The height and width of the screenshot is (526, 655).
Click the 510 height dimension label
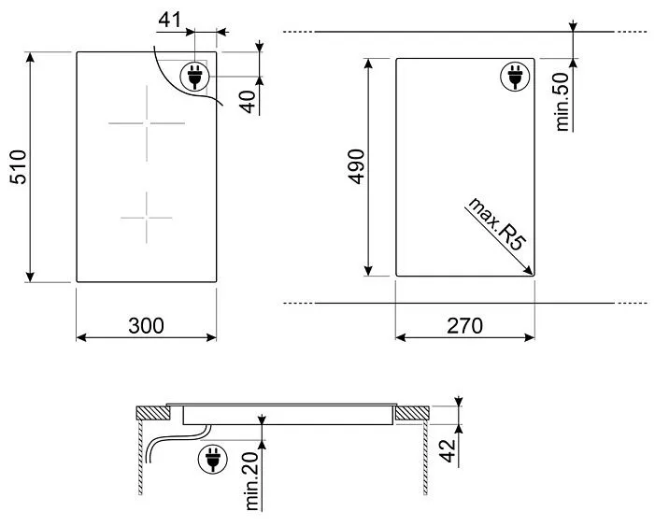tap(19, 167)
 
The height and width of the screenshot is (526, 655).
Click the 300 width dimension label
tap(146, 326)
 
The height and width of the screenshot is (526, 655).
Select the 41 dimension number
tap(170, 20)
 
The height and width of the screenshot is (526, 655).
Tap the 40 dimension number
tap(249, 102)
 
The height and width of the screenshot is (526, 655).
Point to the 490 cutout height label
tap(356, 166)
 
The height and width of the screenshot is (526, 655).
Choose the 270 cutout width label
tap(465, 326)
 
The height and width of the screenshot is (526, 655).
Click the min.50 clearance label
tap(562, 102)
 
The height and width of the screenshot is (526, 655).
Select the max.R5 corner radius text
tap(497, 224)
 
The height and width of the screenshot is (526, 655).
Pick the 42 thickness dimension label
tap(448, 451)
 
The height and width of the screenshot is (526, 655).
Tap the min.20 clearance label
tap(252, 481)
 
